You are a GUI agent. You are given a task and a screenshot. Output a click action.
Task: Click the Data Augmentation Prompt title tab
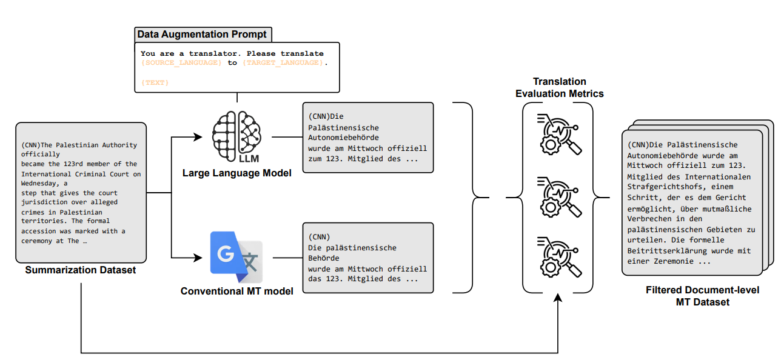click(201, 34)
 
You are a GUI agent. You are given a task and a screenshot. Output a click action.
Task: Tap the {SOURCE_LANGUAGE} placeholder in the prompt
click(181, 63)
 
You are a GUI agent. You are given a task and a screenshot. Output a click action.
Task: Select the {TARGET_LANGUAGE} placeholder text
click(283, 63)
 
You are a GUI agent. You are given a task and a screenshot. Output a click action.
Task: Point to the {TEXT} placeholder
click(155, 82)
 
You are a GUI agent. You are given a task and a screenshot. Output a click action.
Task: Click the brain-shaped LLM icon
click(237, 136)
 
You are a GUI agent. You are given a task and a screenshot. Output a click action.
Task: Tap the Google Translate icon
click(236, 258)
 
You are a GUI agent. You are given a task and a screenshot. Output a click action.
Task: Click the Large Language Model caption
click(237, 173)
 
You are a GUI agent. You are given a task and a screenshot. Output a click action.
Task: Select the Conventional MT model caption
click(237, 291)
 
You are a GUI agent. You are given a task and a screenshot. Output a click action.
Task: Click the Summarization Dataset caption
click(81, 270)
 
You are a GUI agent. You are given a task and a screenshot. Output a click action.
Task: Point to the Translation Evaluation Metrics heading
click(559, 87)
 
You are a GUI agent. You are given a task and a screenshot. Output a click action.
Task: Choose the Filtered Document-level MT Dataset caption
click(702, 296)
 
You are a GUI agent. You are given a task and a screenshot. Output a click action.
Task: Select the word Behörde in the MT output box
click(323, 258)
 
